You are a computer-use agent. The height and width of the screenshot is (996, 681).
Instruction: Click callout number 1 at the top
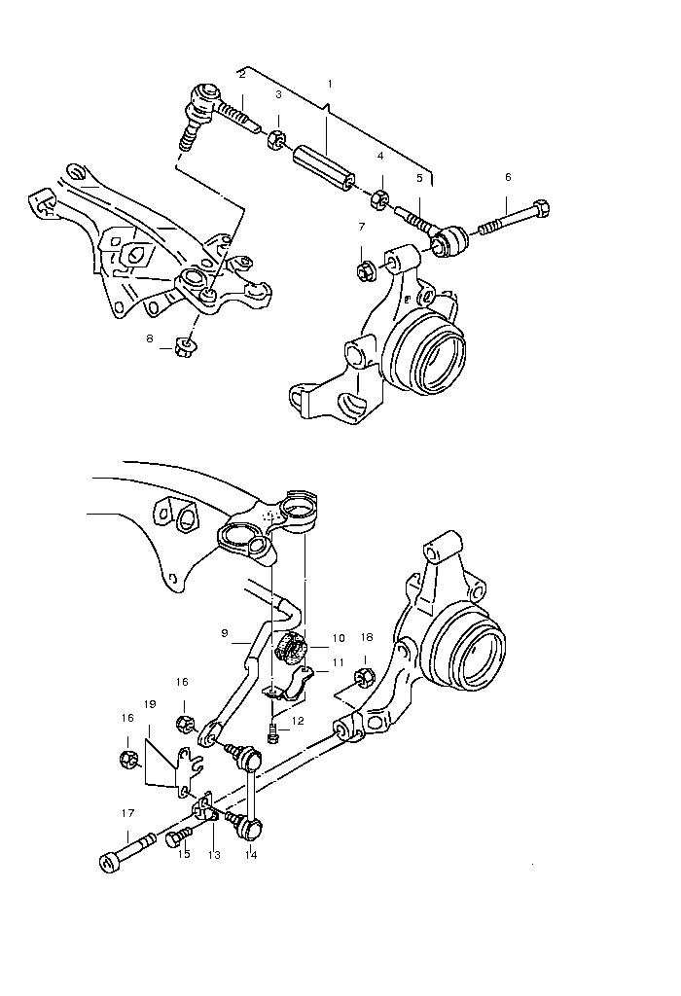pyautogui.click(x=330, y=84)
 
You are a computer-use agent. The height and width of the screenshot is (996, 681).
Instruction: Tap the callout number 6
pyautogui.click(x=508, y=177)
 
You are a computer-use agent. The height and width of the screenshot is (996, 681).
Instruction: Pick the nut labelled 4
pyautogui.click(x=379, y=198)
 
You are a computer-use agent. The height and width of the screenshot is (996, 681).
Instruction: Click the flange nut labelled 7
pyautogui.click(x=365, y=272)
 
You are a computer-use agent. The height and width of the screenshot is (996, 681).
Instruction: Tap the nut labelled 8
pyautogui.click(x=184, y=347)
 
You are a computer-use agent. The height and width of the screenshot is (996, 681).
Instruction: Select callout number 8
pyautogui.click(x=150, y=338)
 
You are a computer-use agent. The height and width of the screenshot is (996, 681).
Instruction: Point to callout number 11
pyautogui.click(x=338, y=662)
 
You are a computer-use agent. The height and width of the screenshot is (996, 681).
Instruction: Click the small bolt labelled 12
pyautogui.click(x=273, y=731)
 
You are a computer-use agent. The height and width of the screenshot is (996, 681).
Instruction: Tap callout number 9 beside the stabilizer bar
pyautogui.click(x=225, y=632)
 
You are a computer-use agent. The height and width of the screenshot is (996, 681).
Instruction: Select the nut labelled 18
pyautogui.click(x=364, y=678)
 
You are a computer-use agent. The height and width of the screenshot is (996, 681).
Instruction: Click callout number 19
pyautogui.click(x=150, y=704)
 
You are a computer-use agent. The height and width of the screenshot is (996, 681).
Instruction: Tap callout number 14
pyautogui.click(x=251, y=855)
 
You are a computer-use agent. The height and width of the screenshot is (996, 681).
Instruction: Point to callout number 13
pyautogui.click(x=214, y=855)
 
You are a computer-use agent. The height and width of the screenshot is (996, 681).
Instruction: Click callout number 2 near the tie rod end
pyautogui.click(x=242, y=75)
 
